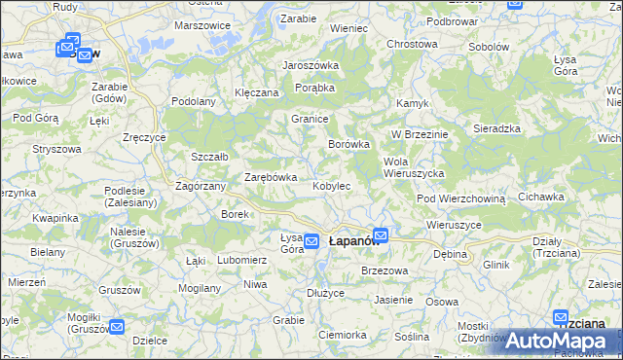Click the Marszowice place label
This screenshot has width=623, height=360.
pyautogui.click(x=202, y=25)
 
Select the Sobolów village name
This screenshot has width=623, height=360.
pyautogui.click(x=490, y=47)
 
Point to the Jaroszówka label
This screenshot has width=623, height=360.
pyautogui.click(x=310, y=66)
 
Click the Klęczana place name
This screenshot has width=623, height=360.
pyautogui.click(x=257, y=92)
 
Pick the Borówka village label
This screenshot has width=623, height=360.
pyautogui.click(x=349, y=144)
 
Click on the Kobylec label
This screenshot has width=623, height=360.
pyautogui.click(x=331, y=186)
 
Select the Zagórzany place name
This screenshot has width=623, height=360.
pyautogui.click(x=201, y=185)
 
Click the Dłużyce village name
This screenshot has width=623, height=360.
pyautogui.click(x=325, y=293)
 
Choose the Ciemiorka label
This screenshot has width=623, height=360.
pyautogui.click(x=342, y=335)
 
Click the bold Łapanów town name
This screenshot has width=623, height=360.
pyautogui.click(x=346, y=240)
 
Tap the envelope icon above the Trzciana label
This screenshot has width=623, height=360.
pyautogui.click(x=561, y=317)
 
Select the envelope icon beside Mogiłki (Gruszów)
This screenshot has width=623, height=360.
pyautogui.click(x=116, y=328)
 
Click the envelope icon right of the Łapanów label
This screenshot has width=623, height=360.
pyautogui.click(x=381, y=234)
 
